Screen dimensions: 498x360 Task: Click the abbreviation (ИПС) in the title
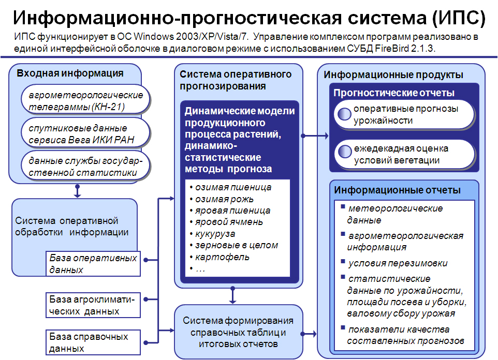click(459, 18)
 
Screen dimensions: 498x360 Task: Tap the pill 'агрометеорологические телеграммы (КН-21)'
click(85, 99)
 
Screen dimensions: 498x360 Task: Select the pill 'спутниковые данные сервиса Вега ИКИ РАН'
click(85, 132)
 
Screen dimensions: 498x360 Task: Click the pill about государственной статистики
click(85, 166)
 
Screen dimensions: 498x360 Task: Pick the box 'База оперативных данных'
click(93, 264)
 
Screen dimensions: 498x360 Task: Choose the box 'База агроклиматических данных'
click(93, 305)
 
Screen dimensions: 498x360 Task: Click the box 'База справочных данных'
click(93, 342)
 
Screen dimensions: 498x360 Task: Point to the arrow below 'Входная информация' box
click(77, 191)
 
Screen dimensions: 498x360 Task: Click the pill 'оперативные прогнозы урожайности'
click(404, 114)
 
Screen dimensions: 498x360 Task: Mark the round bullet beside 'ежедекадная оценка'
click(345, 152)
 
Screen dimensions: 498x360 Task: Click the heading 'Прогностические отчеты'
click(394, 93)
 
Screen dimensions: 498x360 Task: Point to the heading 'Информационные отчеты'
click(398, 190)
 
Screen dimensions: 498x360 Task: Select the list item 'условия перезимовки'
click(398, 263)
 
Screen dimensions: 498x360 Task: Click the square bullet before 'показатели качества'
click(343, 327)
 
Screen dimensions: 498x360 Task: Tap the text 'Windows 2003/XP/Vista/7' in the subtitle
click(191, 37)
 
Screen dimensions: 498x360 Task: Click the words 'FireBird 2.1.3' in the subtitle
click(405, 48)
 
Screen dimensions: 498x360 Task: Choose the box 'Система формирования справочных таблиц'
click(239, 332)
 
